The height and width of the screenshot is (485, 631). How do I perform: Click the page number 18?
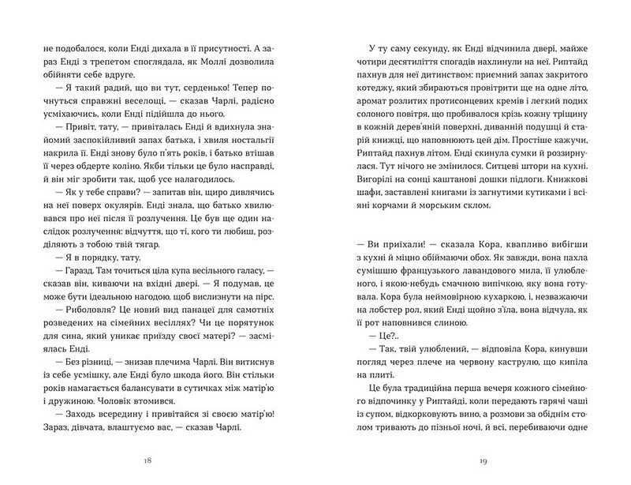coord(169,461)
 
